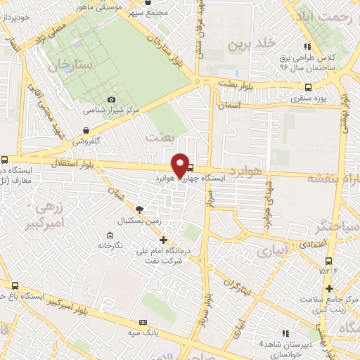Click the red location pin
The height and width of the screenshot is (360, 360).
pyautogui.click(x=181, y=165)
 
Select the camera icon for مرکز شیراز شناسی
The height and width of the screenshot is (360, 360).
pyautogui.click(x=111, y=100)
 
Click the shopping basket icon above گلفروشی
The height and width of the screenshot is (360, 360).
pyautogui.click(x=85, y=130)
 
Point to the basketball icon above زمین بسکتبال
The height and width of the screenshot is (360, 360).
pyautogui.click(x=139, y=209)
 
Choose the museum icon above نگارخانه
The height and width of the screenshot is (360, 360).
pyautogui.click(x=109, y=235)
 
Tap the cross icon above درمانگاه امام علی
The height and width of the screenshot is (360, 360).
pyautogui.click(x=163, y=240)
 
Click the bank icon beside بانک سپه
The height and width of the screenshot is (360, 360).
pyautogui.click(x=143, y=322)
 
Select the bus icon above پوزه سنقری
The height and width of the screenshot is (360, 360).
pyautogui.click(x=307, y=88)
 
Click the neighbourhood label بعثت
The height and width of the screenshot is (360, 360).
pyautogui.click(x=159, y=138)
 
